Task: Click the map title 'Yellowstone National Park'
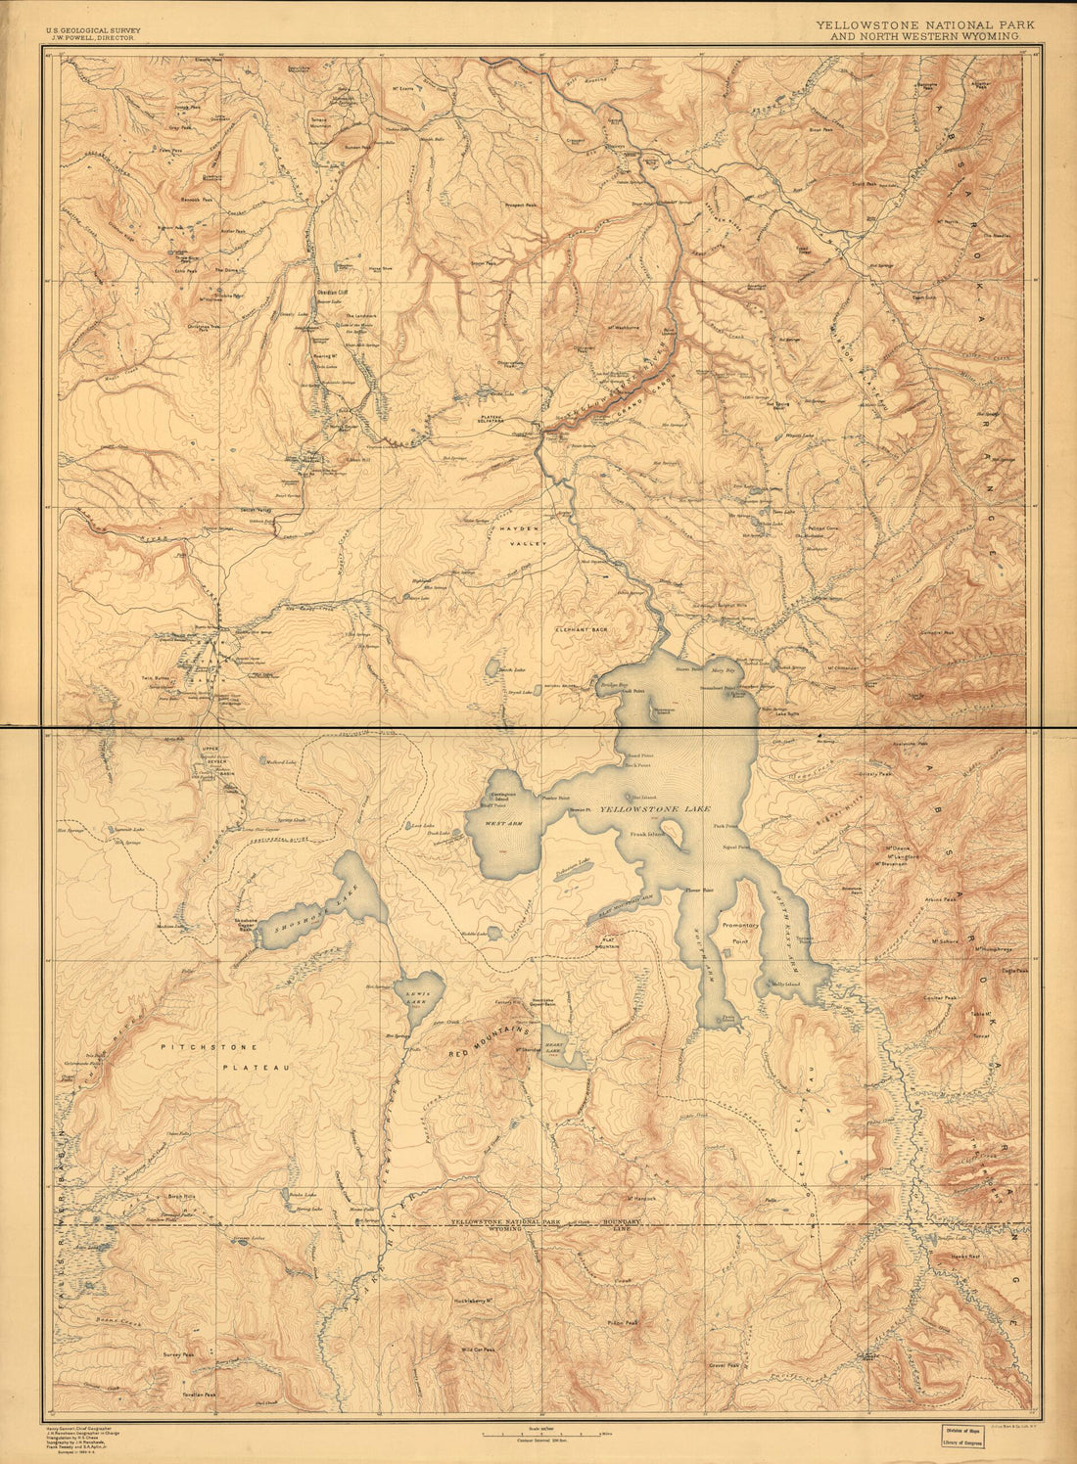(x=924, y=24)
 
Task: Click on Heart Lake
(x=562, y=1048)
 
